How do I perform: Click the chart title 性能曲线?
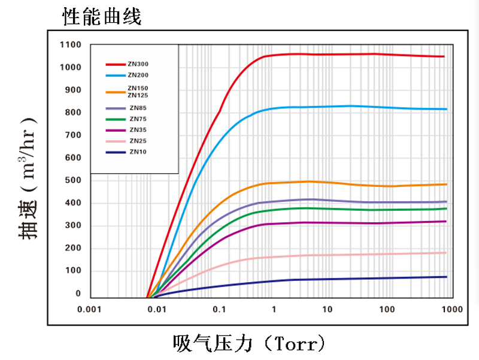pos(102,17)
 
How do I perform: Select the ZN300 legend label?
pos(138,64)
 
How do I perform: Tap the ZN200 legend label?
pos(138,75)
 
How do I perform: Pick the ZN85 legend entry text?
pos(138,108)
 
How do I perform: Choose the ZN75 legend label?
pos(138,119)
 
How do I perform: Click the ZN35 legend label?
pos(138,129)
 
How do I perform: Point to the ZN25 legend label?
pos(138,141)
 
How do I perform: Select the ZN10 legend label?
pos(138,152)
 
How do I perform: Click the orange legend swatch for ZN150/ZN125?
pos(115,92)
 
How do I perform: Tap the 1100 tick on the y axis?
pos(70,44)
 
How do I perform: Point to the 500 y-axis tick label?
pos(72,180)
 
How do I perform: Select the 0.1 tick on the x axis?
pos(219,310)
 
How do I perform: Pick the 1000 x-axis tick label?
pos(451,310)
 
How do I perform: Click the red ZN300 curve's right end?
pos(444,56)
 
